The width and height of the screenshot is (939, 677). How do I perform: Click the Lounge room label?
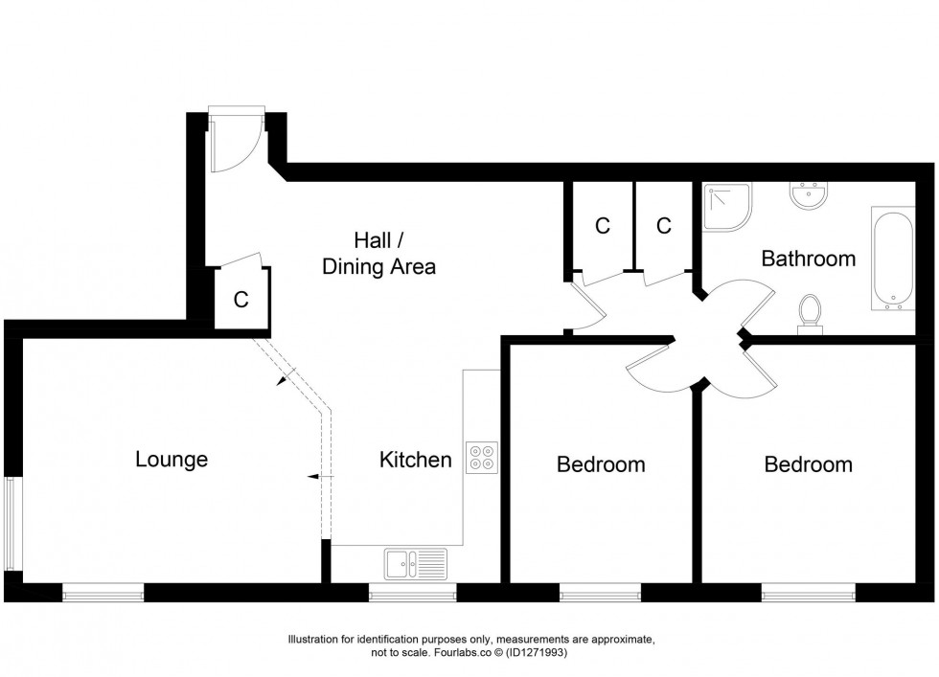(172, 460)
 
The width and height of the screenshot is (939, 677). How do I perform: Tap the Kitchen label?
(415, 460)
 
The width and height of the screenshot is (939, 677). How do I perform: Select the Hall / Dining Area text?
(379, 254)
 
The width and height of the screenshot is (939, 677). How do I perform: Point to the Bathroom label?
(808, 259)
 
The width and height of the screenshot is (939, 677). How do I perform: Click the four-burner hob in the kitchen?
(481, 458)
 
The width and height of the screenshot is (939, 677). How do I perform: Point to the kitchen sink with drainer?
(416, 564)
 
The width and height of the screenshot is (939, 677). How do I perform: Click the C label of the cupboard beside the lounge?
(241, 300)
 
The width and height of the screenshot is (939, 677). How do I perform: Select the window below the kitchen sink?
(413, 595)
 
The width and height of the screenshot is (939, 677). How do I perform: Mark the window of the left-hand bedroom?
(601, 595)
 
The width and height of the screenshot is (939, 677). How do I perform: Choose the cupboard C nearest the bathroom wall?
(663, 226)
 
